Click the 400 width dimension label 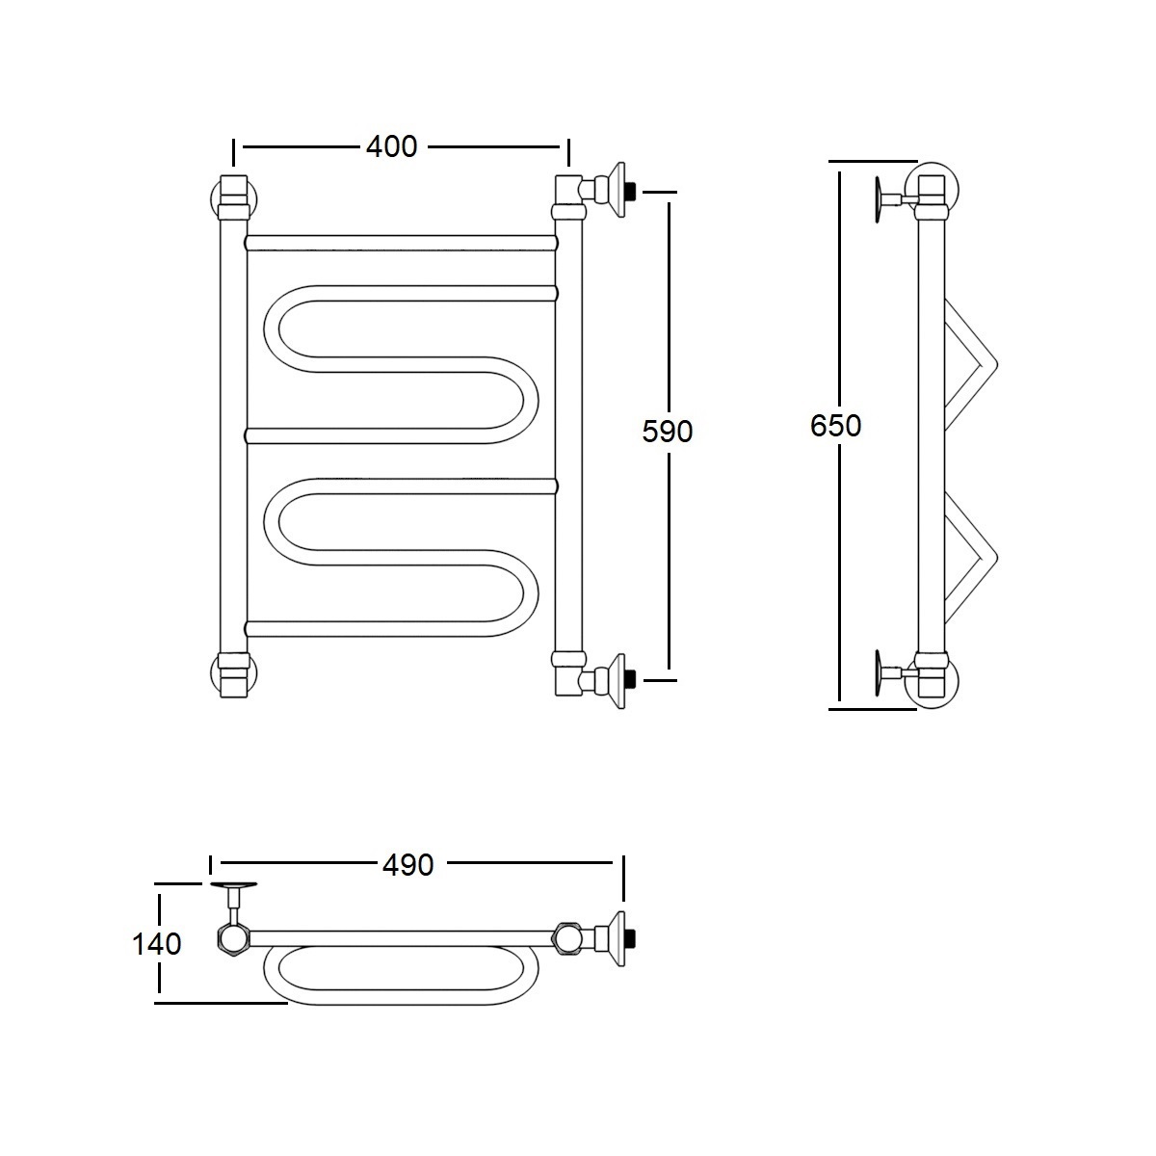392,146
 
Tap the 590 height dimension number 667,431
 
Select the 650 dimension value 835,426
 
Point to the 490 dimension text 407,865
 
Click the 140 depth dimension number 157,944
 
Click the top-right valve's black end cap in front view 630,192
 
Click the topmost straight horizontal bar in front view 401,243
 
